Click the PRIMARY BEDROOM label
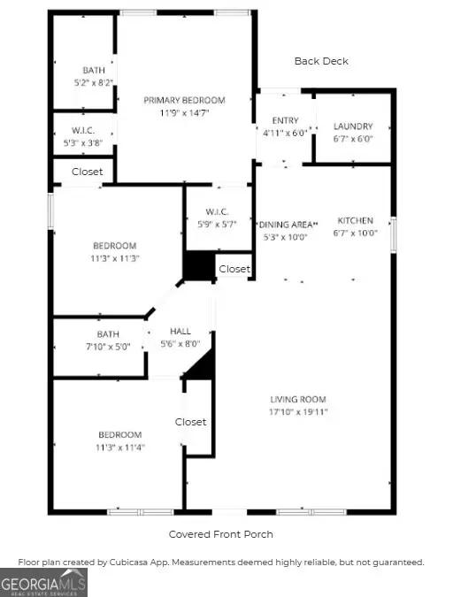[185, 101]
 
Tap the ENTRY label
[285, 120]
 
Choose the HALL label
[180, 332]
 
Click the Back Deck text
[321, 61]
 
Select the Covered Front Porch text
[221, 534]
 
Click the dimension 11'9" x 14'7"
[185, 113]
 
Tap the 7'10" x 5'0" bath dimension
[108, 347]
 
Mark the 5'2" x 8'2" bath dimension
[94, 82]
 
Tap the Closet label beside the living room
[190, 422]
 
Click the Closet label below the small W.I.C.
[87, 172]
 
